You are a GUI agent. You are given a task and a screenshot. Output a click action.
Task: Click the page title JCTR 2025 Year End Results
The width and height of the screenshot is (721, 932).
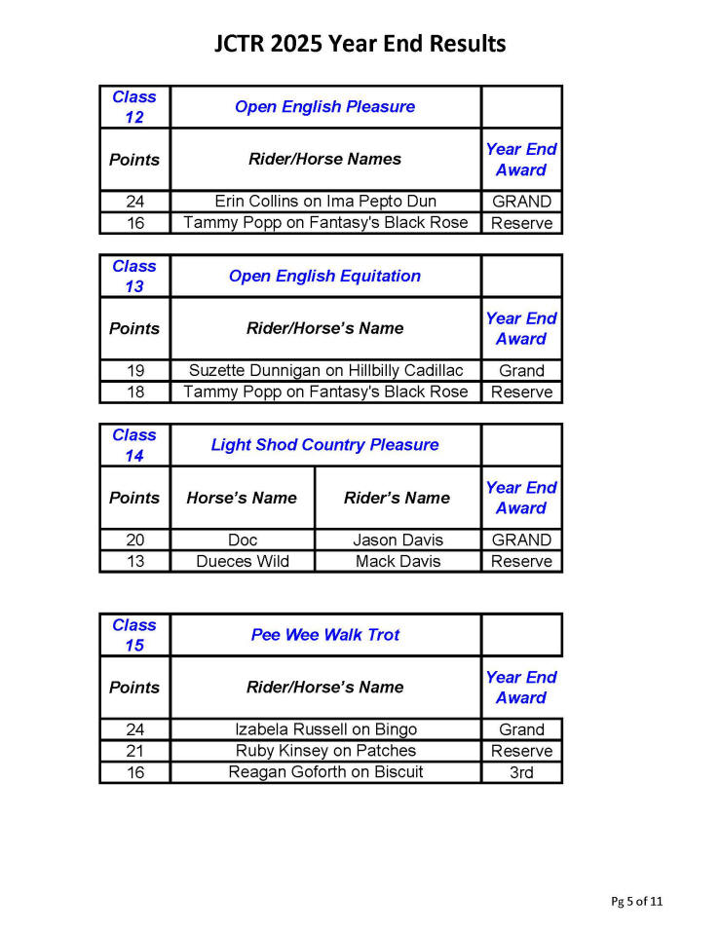[x=360, y=44]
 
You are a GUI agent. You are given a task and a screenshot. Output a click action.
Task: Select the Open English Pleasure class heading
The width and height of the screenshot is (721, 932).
[x=324, y=107]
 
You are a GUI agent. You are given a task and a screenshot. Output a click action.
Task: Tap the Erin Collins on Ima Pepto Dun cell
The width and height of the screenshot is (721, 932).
[x=325, y=202]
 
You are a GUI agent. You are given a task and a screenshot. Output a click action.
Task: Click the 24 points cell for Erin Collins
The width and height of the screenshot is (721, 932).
[x=134, y=202]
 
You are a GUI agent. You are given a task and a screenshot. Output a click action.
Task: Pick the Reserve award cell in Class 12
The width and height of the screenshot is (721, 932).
[x=521, y=223]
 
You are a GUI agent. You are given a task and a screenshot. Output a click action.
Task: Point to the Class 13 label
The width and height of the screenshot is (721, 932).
[x=134, y=276]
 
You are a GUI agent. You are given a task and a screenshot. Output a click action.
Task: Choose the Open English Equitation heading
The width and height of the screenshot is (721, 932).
[x=324, y=276]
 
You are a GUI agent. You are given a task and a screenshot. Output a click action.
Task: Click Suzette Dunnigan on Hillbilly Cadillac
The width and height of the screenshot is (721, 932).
[x=325, y=371]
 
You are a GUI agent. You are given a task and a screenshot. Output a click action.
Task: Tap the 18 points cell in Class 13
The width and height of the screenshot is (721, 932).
[x=134, y=392]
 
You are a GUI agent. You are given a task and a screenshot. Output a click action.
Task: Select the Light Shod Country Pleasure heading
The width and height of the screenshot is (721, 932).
[x=324, y=445]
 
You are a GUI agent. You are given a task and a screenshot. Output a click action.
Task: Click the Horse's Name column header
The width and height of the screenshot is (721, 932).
[x=242, y=498]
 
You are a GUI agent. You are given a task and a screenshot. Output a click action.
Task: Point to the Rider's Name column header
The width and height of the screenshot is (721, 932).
[x=398, y=498]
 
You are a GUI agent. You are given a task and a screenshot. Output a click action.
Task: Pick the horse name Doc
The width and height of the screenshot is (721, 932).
[x=242, y=540]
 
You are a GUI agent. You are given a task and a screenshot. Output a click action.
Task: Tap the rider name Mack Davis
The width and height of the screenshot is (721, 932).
[x=398, y=561]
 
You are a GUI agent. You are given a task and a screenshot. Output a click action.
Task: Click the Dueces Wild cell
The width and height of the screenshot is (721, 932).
[x=242, y=561]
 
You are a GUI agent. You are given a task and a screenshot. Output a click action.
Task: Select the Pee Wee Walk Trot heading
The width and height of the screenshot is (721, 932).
[x=325, y=635]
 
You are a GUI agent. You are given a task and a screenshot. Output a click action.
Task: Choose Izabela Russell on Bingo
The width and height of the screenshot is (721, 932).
[x=325, y=729]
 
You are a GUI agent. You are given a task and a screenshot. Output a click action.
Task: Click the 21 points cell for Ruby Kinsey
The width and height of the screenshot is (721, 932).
[x=134, y=751]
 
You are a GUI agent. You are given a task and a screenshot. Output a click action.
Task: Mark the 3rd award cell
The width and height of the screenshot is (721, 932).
[x=521, y=772]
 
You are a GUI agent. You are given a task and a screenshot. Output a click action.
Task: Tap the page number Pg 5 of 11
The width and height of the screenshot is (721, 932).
[x=637, y=901]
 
